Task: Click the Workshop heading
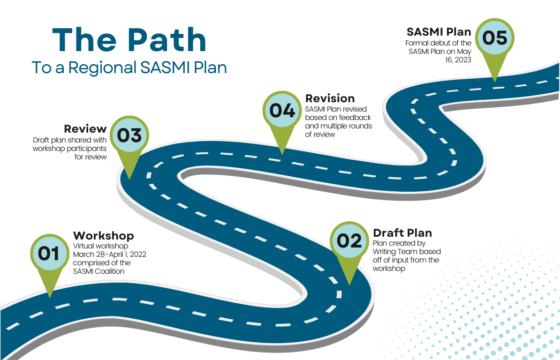[x=104, y=236]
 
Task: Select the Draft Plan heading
[x=402, y=233]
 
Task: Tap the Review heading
[x=85, y=129]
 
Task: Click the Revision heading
[x=330, y=98]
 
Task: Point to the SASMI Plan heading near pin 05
[x=439, y=32]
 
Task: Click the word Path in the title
[x=167, y=40]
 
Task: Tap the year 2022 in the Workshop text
[x=138, y=255]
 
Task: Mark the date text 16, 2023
[x=458, y=60]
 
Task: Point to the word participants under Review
[x=86, y=149]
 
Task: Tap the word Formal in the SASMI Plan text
[x=416, y=43]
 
